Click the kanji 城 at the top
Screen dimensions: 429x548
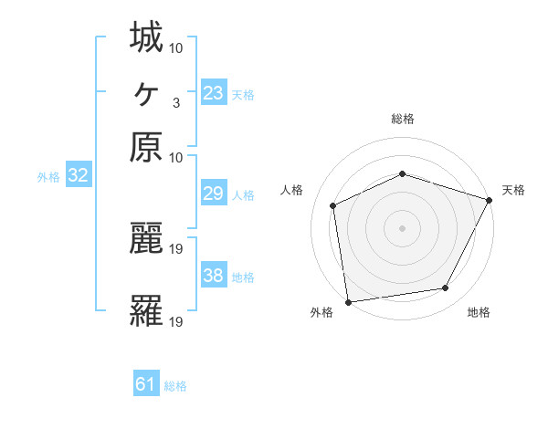[146, 38]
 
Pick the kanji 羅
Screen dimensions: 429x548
[146, 311]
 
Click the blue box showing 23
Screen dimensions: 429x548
[213, 92]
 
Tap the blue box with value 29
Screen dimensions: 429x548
[213, 194]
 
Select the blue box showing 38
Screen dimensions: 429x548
[213, 276]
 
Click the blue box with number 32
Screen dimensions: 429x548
[78, 176]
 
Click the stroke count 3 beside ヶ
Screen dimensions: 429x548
[175, 101]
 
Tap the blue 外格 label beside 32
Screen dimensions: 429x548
[48, 177]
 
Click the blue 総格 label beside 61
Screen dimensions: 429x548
[175, 386]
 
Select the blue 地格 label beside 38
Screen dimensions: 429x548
[243, 277]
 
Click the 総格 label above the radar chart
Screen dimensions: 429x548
[402, 119]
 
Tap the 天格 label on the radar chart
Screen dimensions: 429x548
[513, 190]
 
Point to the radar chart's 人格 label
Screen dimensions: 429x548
[292, 190]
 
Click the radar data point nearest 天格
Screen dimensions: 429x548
[490, 200]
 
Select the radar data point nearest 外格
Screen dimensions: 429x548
[348, 301]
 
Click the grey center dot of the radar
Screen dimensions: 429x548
[402, 227]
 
